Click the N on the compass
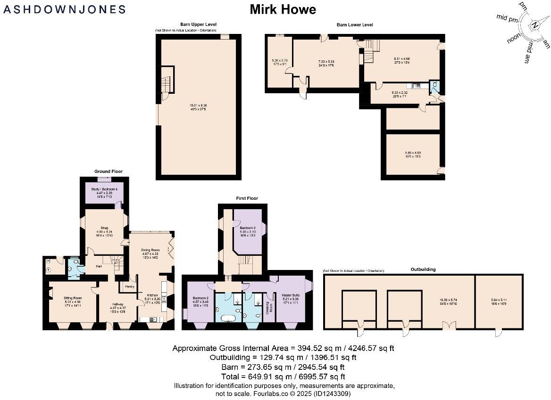point(534,25)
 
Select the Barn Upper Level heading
point(198,24)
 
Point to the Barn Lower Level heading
point(354,24)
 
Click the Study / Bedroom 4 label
point(104,189)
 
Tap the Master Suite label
point(291,295)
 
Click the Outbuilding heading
point(423,269)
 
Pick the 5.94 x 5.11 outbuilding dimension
point(499,300)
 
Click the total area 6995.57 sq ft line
point(283,376)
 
